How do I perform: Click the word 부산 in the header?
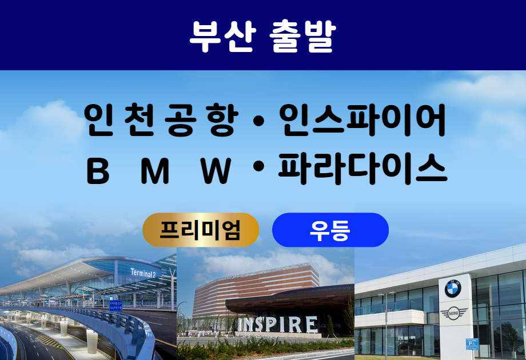tap(223, 36)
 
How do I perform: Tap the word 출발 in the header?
tap(302, 36)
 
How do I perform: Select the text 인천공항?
tap(161, 119)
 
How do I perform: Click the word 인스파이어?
tap(362, 119)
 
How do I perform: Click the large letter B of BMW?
tap(98, 171)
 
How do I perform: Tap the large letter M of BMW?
tap(154, 171)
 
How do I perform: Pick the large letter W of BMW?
tap(216, 171)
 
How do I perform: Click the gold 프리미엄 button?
tap(201, 230)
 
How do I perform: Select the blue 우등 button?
tap(330, 230)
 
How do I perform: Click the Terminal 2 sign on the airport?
tap(144, 273)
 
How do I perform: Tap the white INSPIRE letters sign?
tap(278, 324)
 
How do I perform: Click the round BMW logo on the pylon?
tap(453, 289)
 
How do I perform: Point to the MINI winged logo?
tap(453, 313)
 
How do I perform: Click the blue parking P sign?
tap(472, 344)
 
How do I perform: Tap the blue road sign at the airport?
tap(115, 306)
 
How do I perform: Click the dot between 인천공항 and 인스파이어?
tap(258, 121)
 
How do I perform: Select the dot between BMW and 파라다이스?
tap(258, 167)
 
